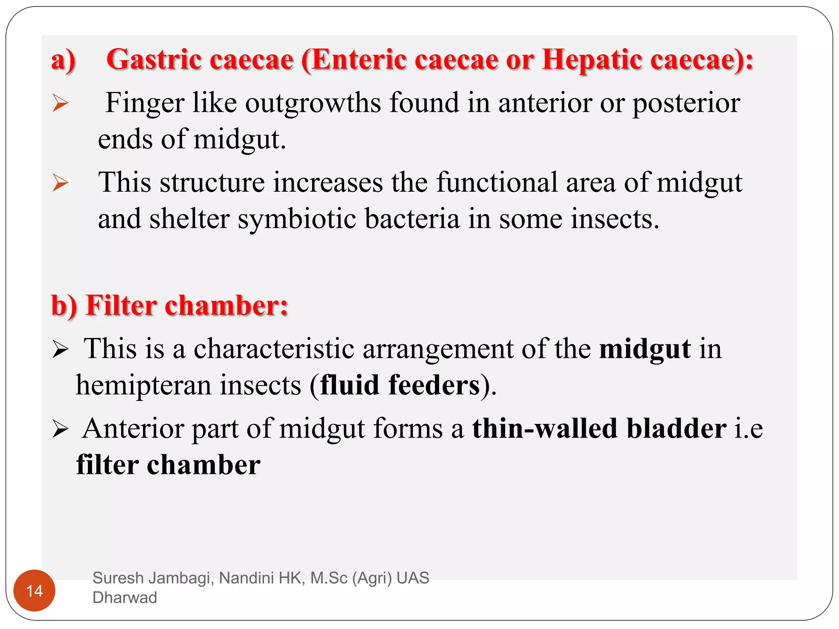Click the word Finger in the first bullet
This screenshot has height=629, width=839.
pyautogui.click(x=145, y=103)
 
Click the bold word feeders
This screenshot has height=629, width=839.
pyautogui.click(x=434, y=385)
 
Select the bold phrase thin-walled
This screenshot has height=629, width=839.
pyautogui.click(x=545, y=428)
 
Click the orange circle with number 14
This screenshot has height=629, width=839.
pyautogui.click(x=34, y=591)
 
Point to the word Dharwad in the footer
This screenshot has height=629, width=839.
pyautogui.click(x=125, y=597)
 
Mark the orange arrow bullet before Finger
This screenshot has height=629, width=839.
pyautogui.click(x=60, y=103)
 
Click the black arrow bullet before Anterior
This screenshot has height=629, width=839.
pyautogui.click(x=60, y=430)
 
